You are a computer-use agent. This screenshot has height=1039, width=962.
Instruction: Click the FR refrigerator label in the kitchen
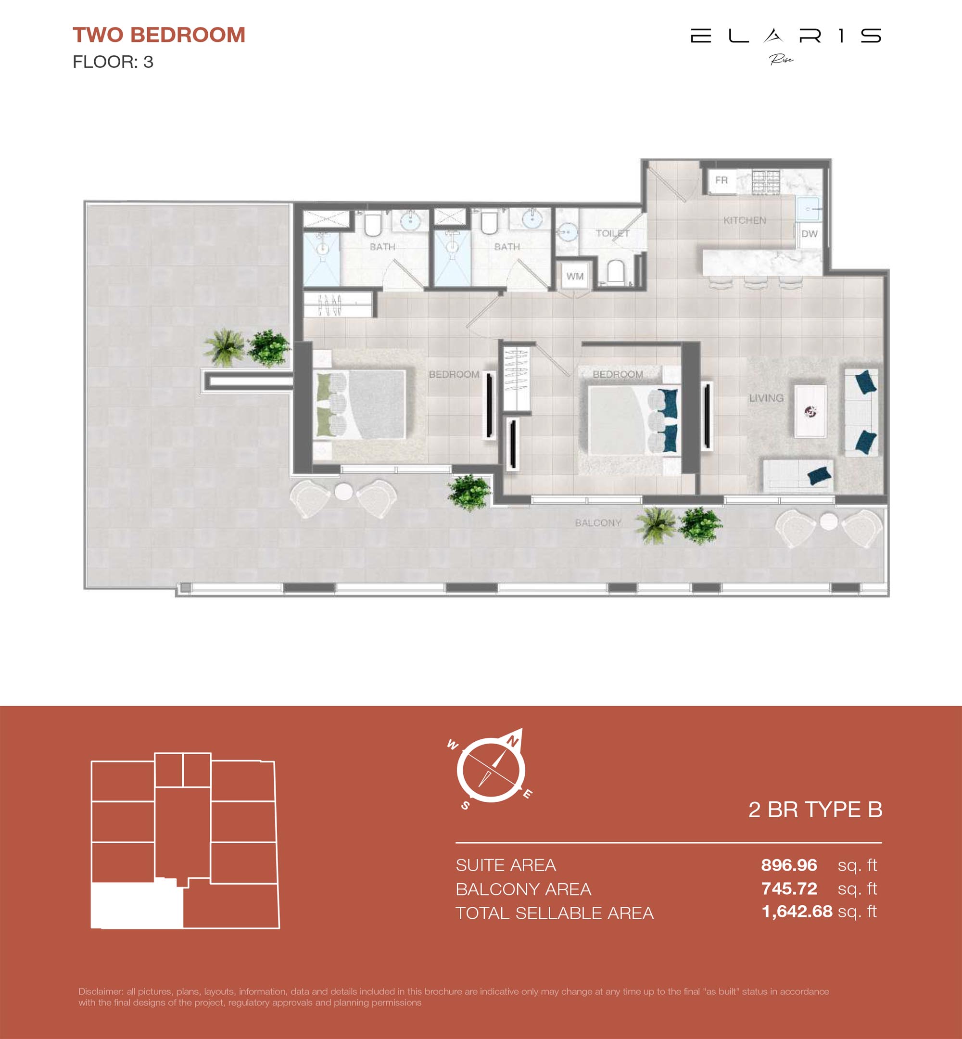tap(721, 180)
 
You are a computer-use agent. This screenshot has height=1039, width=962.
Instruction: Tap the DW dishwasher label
tap(809, 234)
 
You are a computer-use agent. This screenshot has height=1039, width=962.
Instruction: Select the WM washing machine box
tap(575, 276)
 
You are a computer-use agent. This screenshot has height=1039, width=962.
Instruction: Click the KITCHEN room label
tap(745, 220)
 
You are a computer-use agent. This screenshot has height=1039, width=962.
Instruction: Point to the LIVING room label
tap(766, 398)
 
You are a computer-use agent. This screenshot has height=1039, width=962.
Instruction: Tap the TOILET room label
tap(612, 233)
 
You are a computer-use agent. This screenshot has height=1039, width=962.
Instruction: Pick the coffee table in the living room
tap(810, 411)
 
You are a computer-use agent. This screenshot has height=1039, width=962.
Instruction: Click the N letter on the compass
tap(513, 741)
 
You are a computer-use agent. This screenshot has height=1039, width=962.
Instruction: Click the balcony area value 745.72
tap(789, 888)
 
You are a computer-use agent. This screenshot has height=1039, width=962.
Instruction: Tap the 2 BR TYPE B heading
tap(815, 810)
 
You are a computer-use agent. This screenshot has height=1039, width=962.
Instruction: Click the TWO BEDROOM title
tap(159, 35)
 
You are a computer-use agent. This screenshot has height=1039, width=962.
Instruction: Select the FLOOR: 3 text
tap(113, 62)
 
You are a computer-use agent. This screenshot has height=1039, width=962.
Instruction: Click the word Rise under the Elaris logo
tap(781, 59)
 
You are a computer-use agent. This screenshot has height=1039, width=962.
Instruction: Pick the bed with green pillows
tap(360, 404)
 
